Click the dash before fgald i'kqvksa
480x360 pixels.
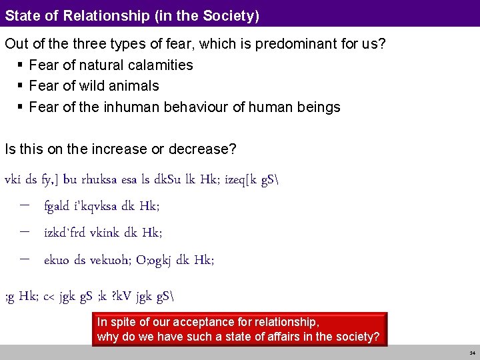[25, 205]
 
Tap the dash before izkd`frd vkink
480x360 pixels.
[25, 232]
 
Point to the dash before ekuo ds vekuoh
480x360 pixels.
[25, 259]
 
